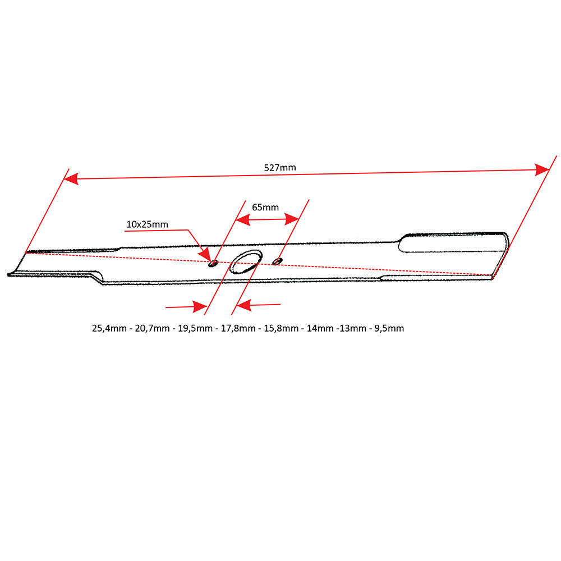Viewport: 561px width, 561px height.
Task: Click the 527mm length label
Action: click(x=280, y=168)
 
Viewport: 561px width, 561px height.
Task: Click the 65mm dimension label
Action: click(x=265, y=207)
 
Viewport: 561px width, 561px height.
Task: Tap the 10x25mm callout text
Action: click(x=147, y=224)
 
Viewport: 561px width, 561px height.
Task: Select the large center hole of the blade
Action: click(x=245, y=262)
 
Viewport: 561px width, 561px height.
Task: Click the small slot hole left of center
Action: click(x=213, y=263)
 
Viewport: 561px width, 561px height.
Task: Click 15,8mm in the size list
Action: click(x=280, y=328)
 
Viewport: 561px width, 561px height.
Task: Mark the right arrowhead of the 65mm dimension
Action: click(x=292, y=219)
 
